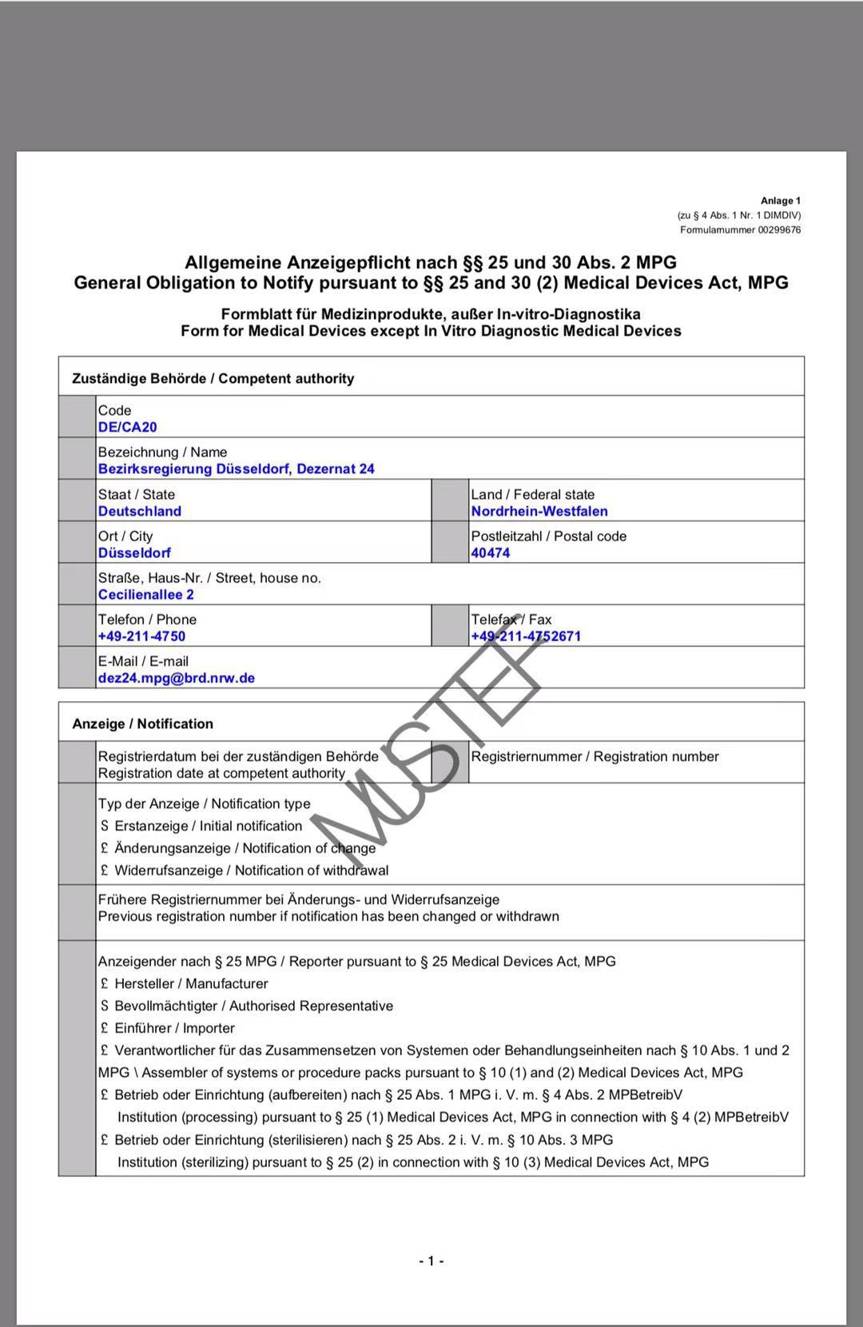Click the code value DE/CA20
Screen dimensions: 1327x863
click(128, 427)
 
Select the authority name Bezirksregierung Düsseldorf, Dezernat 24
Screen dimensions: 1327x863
click(236, 469)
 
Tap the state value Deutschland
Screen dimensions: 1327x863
click(140, 512)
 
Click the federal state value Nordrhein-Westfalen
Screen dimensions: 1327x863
click(539, 512)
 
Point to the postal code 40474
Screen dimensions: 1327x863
click(491, 553)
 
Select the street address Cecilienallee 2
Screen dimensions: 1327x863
click(146, 595)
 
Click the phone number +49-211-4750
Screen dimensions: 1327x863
click(141, 636)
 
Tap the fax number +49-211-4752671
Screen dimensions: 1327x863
click(526, 636)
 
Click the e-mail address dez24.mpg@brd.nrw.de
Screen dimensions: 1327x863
click(177, 678)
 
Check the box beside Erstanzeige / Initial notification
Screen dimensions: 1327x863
click(105, 827)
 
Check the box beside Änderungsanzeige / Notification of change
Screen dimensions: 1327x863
click(105, 849)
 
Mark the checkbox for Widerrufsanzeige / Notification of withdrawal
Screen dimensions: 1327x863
click(105, 871)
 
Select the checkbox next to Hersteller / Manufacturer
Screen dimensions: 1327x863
click(105, 984)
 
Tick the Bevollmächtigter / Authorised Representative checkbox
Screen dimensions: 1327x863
click(105, 1006)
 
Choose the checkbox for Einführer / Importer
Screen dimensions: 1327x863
click(105, 1029)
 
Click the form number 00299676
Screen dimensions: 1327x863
click(779, 230)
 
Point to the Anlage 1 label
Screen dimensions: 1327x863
click(781, 201)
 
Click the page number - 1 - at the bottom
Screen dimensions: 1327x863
click(431, 1261)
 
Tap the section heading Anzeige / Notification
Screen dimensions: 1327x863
click(143, 724)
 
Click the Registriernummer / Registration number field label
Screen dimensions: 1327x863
click(595, 757)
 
